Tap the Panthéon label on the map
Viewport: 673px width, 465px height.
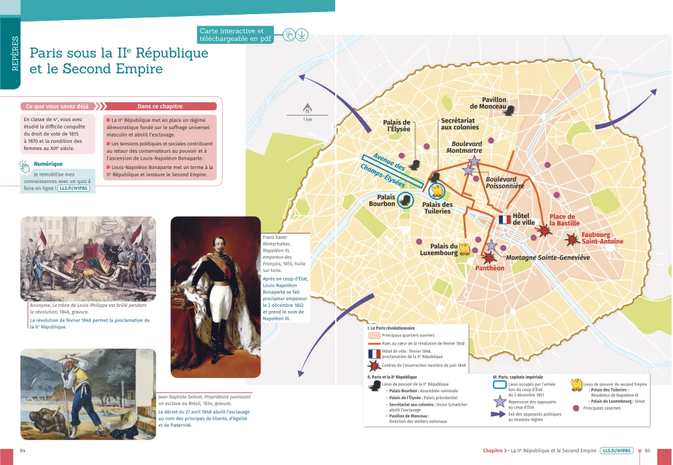pos(490,268)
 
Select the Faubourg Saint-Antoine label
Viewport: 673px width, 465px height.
pos(602,238)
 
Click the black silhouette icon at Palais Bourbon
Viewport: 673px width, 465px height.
pos(406,199)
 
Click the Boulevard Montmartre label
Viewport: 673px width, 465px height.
pos(466,147)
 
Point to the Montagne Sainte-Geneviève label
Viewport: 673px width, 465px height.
pos(548,258)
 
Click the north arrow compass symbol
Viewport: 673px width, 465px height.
pos(308,110)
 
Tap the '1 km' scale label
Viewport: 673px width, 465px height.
pos(308,120)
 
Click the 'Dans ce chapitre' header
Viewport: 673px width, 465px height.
pos(160,106)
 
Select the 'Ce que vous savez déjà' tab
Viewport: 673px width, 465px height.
pos(57,106)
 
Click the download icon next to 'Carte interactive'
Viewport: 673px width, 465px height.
pos(302,35)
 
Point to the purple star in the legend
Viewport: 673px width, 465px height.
pos(499,402)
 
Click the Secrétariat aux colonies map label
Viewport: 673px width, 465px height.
pos(460,123)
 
